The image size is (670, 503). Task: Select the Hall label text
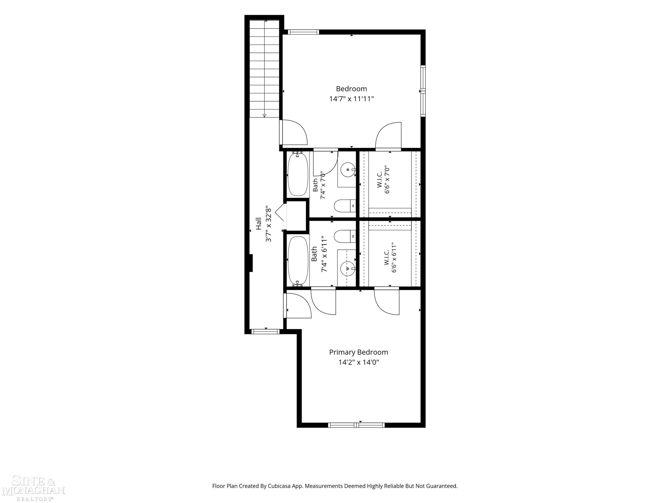click(258, 224)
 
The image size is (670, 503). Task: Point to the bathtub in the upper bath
click(298, 174)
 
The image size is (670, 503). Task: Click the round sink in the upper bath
click(348, 170)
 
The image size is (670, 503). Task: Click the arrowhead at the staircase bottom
click(264, 115)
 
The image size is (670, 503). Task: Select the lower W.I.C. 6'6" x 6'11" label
click(390, 257)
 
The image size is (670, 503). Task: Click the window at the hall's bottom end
click(266, 331)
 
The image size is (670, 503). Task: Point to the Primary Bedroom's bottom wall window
click(356, 425)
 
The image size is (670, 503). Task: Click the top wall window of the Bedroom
click(303, 32)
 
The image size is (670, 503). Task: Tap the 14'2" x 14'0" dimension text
click(359, 362)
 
